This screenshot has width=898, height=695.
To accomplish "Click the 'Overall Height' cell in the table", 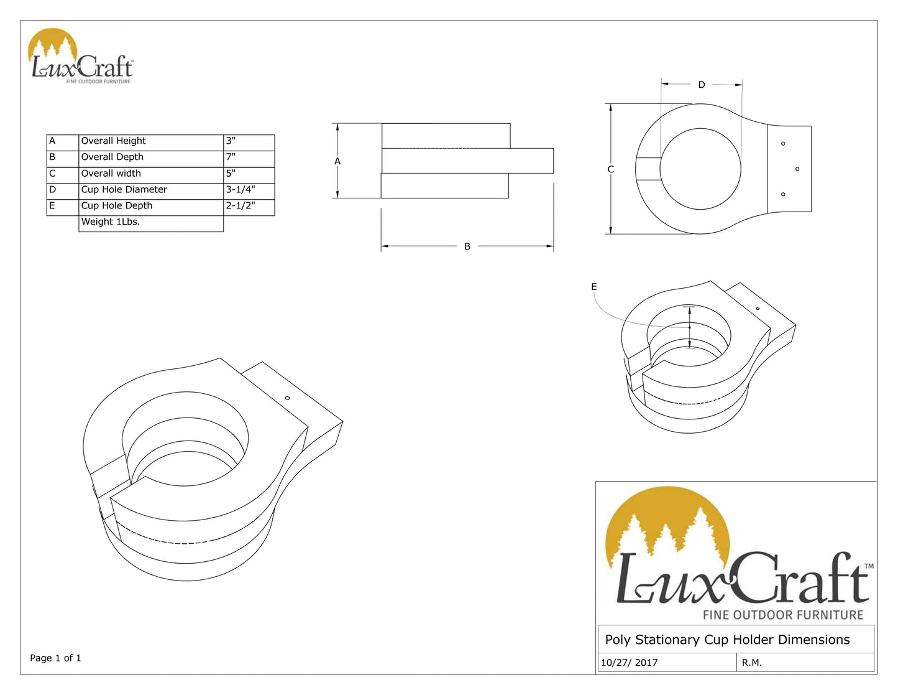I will tap(114, 141).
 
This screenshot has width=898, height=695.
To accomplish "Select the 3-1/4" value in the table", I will tap(241, 190).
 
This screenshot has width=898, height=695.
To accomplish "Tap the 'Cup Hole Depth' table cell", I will tap(117, 206).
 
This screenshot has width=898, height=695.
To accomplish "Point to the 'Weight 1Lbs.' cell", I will tap(111, 222).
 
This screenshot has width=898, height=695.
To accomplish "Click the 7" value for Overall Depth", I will tap(231, 157).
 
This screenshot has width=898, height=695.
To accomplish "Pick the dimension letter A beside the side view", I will tap(337, 162).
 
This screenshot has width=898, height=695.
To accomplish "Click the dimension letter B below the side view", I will tap(467, 247).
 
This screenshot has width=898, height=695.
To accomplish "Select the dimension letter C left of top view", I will tap(610, 170).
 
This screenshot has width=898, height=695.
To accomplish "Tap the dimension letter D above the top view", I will tap(702, 85).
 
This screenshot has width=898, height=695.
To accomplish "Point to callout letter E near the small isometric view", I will tap(594, 287).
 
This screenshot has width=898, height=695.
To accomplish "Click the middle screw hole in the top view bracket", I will tap(797, 169).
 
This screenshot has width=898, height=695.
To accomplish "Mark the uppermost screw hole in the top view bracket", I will tap(783, 144).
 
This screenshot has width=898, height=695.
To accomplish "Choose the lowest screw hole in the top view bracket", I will tap(783, 195).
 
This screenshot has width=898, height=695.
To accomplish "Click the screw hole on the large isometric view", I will tap(287, 398).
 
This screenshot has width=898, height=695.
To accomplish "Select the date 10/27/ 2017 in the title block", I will tap(629, 663).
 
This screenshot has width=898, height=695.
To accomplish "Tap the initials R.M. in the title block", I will tap(752, 663).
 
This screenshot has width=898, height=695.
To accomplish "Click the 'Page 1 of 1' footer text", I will tap(55, 658).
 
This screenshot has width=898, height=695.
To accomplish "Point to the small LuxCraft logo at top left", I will tap(81, 57).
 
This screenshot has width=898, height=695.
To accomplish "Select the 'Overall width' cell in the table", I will tap(111, 174).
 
